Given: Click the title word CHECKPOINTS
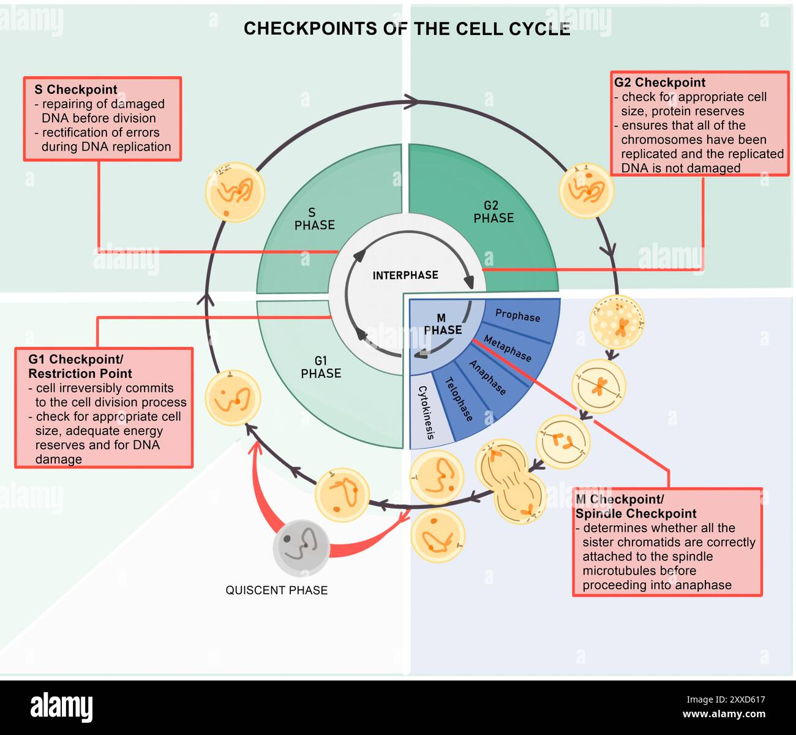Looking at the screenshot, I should coord(310,29).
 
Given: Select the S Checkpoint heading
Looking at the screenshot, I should coord(75,89).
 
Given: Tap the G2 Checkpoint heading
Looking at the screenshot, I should coord(659,83).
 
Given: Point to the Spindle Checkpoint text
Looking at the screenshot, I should coord(636,514).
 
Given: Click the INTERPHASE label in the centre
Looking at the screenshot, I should coord(405,276).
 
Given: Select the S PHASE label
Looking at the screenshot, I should coord(314,219).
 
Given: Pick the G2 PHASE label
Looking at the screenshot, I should coord(493,212).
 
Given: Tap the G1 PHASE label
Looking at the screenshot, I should coord(320,367).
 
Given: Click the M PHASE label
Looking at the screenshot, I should coord(442,325).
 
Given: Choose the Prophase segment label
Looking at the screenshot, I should coord(517,315).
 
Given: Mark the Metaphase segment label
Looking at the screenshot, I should coord(507,348).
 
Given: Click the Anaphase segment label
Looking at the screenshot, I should coord(487,377).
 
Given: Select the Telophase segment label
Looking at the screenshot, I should coord(459,399).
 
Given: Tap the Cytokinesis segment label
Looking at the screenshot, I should coord(426,412).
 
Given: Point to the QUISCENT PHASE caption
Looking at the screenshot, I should coord(276,590).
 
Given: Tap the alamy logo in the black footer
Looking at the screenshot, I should coord(62,707).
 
